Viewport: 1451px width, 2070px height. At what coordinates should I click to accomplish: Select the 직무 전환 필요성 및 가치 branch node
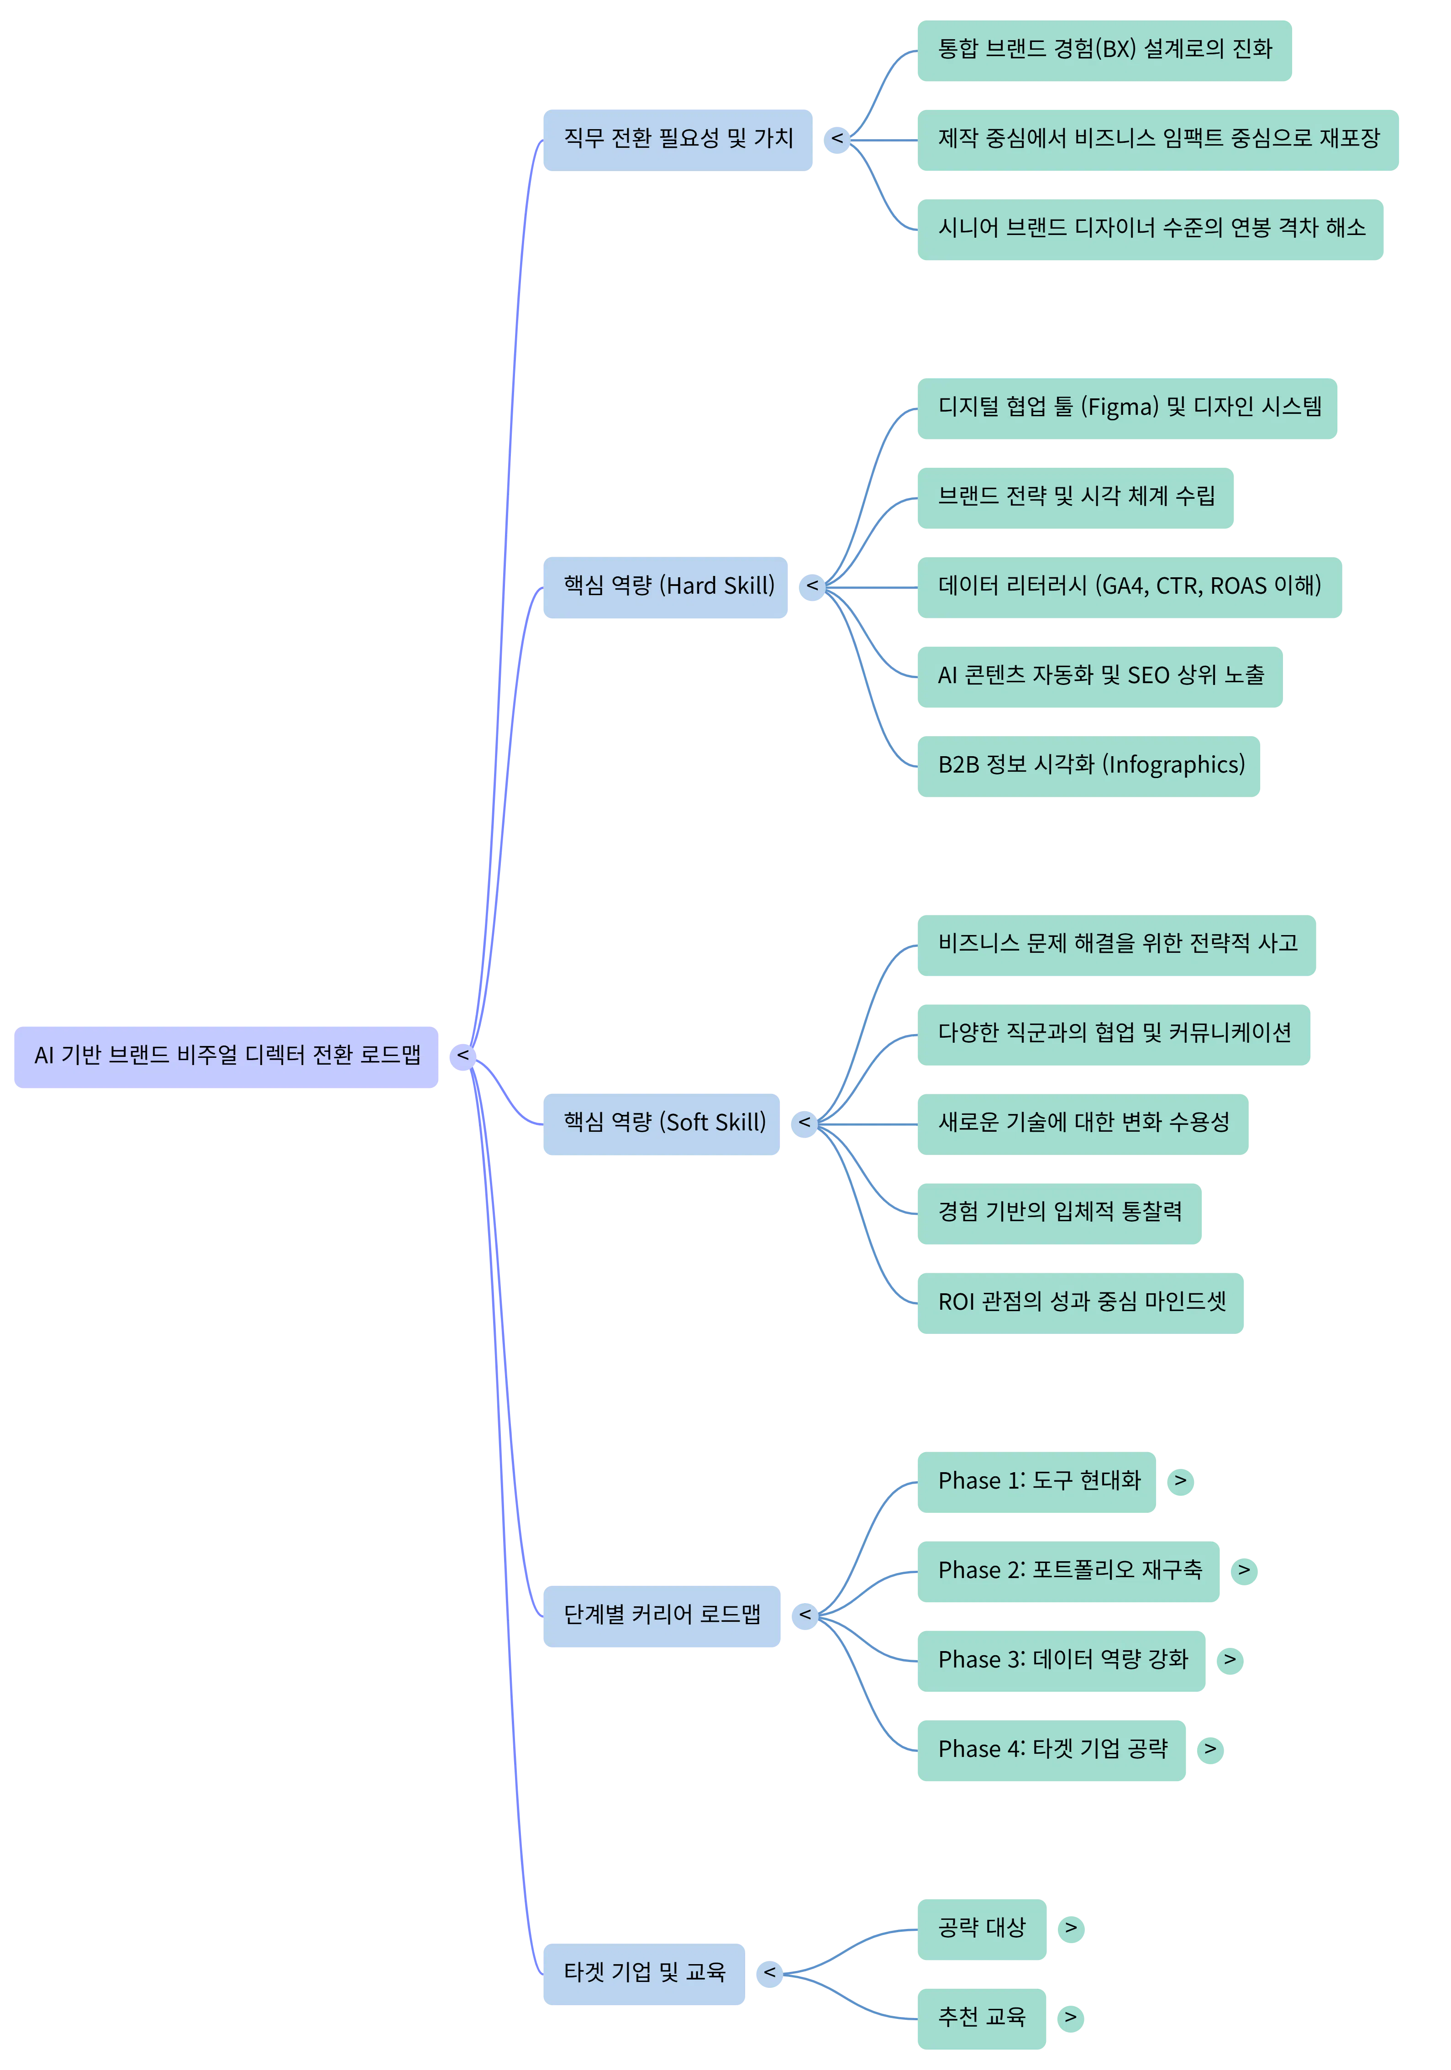tap(677, 140)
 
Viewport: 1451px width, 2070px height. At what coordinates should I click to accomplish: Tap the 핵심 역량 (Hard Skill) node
tap(665, 587)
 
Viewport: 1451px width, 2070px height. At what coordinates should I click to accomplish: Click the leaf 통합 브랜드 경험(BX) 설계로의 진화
tap(1104, 51)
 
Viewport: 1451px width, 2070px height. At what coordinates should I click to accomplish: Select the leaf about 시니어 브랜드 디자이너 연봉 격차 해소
tap(1150, 229)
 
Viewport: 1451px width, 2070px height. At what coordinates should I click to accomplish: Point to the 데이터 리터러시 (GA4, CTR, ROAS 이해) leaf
tap(1129, 587)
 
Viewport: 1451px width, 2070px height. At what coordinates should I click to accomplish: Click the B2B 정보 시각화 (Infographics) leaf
tap(1088, 766)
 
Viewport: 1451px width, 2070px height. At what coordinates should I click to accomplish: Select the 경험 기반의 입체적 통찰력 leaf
tap(1059, 1213)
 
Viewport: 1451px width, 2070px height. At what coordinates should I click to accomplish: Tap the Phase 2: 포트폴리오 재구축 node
tap(1068, 1571)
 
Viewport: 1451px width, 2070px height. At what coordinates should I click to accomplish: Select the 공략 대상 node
tap(981, 1929)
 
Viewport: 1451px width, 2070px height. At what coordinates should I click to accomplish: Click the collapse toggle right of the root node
tap(463, 1056)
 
